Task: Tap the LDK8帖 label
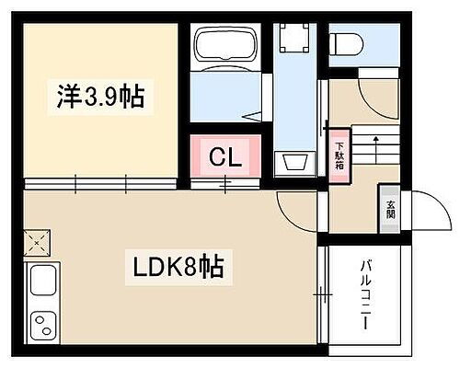point(181,269)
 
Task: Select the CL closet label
point(226,157)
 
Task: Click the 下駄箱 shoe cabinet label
point(338,157)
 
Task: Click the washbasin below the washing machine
point(296,163)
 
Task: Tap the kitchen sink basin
point(42,282)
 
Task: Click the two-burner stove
point(42,324)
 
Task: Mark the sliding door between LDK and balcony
point(321,294)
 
